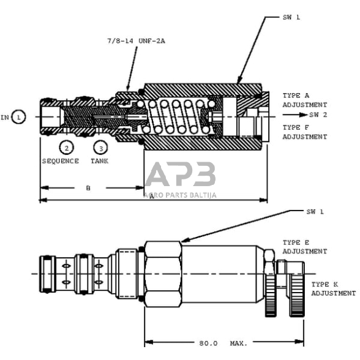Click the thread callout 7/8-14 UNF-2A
(136, 41)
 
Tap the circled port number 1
(18, 117)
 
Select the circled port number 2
(67, 148)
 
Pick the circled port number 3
(101, 148)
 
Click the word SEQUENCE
(61, 161)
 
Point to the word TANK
(99, 161)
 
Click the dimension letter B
(88, 188)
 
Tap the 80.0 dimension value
(208, 343)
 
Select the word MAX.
(239, 343)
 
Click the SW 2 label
(318, 114)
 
